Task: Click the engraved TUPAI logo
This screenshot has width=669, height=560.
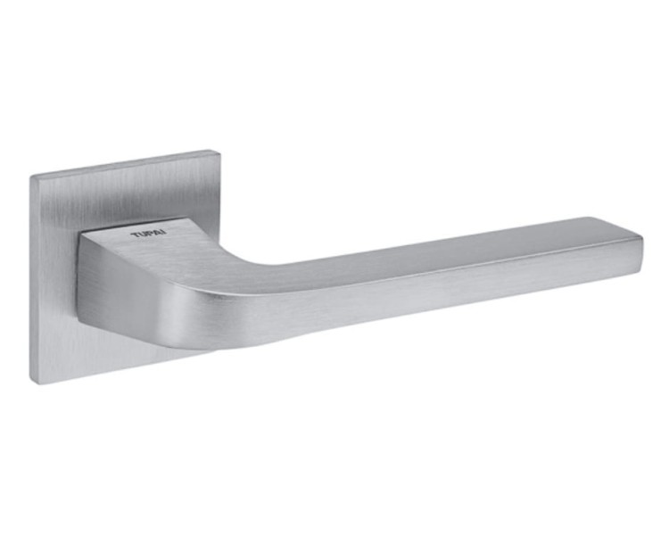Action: [x=149, y=235]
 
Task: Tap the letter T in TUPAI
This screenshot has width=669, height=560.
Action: [x=135, y=235]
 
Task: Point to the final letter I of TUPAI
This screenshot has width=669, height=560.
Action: [x=165, y=233]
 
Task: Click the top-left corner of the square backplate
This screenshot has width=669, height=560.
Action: [x=30, y=176]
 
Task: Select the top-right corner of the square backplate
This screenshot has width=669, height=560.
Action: [x=220, y=151]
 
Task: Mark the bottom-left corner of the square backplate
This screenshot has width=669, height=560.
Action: [x=30, y=383]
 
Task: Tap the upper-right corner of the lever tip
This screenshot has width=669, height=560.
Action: [x=642, y=235]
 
